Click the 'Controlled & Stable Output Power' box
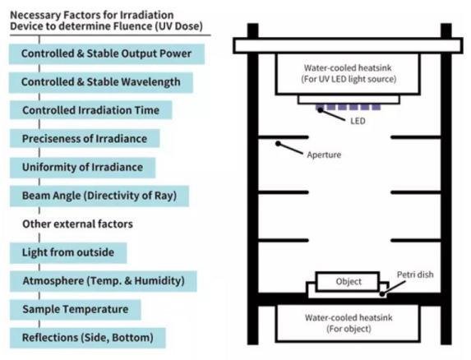107,54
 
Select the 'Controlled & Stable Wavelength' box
101,82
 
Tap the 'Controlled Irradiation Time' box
90,110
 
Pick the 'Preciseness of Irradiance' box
85,138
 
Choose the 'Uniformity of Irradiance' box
82,167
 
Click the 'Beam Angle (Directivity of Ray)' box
99,196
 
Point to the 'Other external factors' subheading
77,224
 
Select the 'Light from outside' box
68,253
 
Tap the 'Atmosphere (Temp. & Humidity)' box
104,281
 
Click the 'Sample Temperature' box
75,310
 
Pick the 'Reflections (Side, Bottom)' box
87,338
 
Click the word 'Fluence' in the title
133,26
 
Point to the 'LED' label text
358,121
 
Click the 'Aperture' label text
324,155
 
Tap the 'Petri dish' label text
415,275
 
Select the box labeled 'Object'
348,281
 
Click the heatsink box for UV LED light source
348,74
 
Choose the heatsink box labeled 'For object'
348,323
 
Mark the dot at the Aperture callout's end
278,144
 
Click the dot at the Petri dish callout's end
381,294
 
